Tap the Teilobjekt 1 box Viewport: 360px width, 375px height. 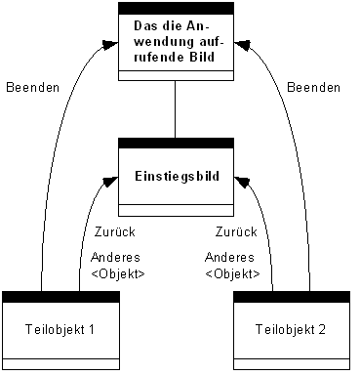tap(60, 328)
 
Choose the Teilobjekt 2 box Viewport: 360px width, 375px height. tap(292, 328)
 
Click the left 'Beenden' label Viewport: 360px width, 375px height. tap(33, 88)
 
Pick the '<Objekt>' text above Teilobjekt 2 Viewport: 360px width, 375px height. tap(232, 273)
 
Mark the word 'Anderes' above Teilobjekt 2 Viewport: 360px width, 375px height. tap(232, 258)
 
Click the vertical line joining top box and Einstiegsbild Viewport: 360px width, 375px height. tap(176, 108)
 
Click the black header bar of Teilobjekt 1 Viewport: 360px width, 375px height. tap(60, 295)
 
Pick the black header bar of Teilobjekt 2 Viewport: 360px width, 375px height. tap(292, 295)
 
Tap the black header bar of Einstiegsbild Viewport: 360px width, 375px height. tap(176, 143)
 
